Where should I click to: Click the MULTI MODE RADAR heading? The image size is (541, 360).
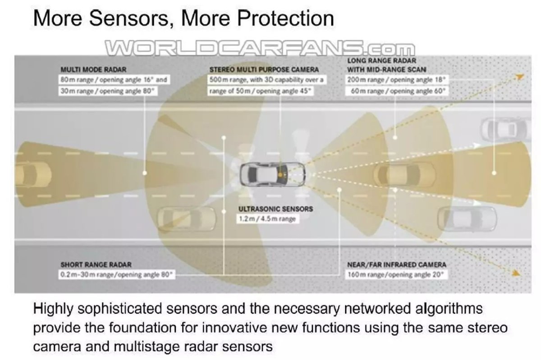tap(93, 69)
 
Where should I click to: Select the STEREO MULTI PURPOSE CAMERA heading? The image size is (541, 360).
tap(264, 69)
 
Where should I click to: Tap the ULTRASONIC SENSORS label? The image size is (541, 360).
tap(275, 209)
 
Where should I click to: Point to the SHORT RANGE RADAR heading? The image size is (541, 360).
tap(96, 264)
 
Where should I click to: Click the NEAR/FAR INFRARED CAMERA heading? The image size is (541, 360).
tap(397, 264)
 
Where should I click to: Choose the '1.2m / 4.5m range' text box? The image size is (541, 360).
tap(268, 219)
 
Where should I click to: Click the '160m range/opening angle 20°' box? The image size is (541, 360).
tap(396, 274)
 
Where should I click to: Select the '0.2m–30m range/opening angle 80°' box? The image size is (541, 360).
tap(117, 274)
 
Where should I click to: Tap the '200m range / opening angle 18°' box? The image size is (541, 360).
tap(397, 80)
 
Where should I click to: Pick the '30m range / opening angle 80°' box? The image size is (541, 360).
tap(108, 91)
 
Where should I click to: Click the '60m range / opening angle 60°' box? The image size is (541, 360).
tap(397, 91)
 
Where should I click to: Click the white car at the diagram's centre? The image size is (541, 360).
tap(272, 174)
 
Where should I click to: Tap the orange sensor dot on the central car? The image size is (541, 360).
tap(280, 174)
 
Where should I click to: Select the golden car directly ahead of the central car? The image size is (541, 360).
tap(404, 174)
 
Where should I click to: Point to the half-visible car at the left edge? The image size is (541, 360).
tap(33, 174)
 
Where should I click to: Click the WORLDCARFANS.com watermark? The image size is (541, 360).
tap(260, 49)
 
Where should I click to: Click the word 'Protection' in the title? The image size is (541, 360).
tap(286, 18)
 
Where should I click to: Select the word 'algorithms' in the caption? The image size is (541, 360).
tap(449, 309)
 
